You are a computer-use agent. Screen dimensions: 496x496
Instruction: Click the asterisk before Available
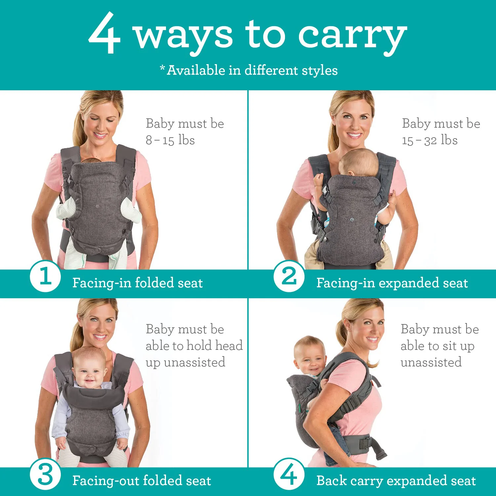coord(162,68)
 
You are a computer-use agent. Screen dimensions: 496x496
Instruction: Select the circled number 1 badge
coord(45,276)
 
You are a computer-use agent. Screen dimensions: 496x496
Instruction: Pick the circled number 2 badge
coord(289,276)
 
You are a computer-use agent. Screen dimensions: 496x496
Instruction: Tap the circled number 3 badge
coord(45,475)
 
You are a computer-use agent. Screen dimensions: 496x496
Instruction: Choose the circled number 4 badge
coord(289,474)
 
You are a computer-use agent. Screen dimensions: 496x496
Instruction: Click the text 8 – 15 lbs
coord(170,140)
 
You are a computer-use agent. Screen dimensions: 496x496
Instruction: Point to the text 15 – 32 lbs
coord(430,140)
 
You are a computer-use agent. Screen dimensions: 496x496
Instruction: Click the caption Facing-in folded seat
coord(137,283)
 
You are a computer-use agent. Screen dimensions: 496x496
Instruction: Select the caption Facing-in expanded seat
coord(392,283)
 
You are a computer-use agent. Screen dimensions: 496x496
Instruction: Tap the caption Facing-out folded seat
coord(142,481)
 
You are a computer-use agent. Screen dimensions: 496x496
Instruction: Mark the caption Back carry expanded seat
coord(396,481)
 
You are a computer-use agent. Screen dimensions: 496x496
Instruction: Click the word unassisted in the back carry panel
coord(431,362)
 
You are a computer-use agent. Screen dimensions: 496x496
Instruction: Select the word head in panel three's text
coord(229,346)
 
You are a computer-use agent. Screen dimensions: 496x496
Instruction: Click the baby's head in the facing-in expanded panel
coord(359,162)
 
